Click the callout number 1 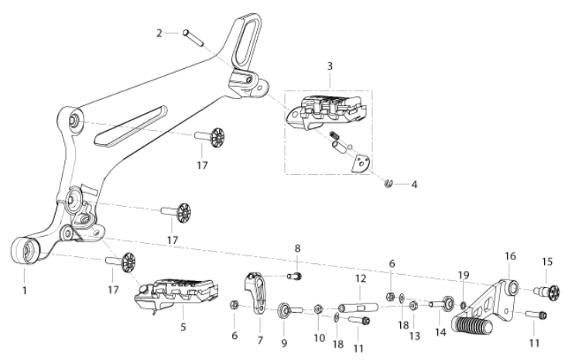click(x=25, y=290)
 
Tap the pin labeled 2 click(x=193, y=38)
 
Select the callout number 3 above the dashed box click(x=330, y=67)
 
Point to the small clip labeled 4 click(x=389, y=183)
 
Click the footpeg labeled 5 click(x=176, y=294)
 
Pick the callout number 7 click(x=260, y=340)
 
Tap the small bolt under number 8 click(x=294, y=276)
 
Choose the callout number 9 click(x=284, y=343)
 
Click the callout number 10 click(x=319, y=338)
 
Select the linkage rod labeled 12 click(x=358, y=307)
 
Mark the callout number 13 click(x=415, y=336)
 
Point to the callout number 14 click(x=440, y=332)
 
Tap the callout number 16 click(x=510, y=256)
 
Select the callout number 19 click(x=464, y=275)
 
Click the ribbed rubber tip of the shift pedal click(x=473, y=327)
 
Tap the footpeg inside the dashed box click(x=327, y=113)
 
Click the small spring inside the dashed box click(x=334, y=135)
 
